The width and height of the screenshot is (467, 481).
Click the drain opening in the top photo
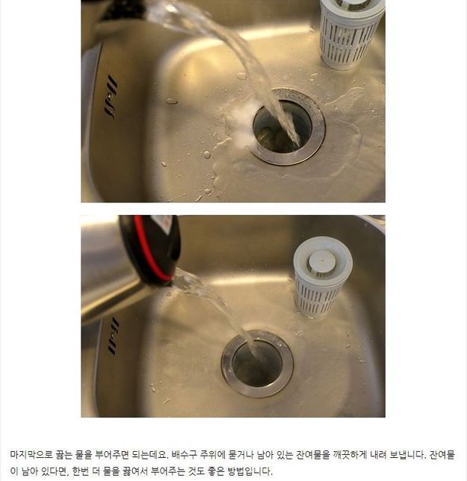point(282,127)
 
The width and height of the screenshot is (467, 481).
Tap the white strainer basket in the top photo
point(351,34)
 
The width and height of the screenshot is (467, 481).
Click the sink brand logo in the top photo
point(111,96)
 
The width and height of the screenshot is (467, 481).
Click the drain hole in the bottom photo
point(257,364)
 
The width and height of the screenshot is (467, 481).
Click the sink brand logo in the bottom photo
point(114,336)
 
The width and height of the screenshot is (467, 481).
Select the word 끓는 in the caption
point(64,455)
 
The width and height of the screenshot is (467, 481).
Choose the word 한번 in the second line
point(80,471)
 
